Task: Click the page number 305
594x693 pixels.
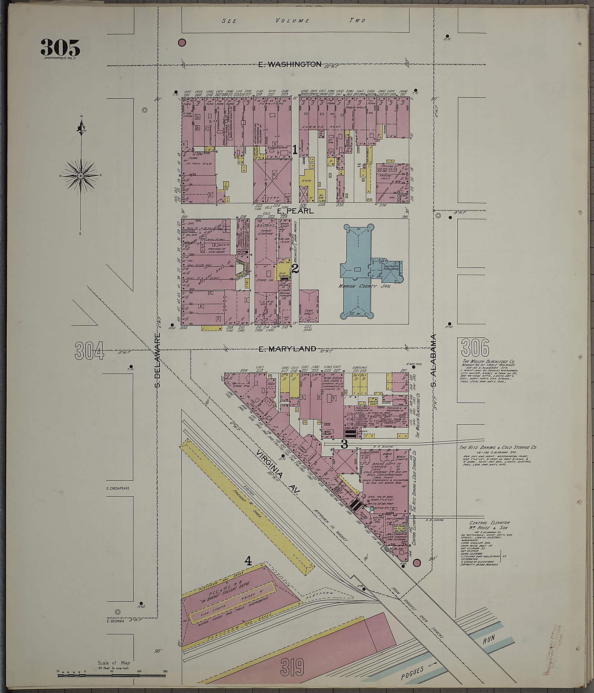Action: [61, 48]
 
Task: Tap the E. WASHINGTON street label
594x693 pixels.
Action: [290, 64]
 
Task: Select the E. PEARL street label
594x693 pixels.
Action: [295, 211]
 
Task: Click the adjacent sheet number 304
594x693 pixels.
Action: [89, 350]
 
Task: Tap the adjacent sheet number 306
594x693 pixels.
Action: [475, 348]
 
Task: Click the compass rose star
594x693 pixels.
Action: [81, 175]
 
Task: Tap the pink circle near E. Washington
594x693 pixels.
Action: [182, 42]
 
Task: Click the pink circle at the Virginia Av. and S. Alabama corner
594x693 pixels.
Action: [417, 562]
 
